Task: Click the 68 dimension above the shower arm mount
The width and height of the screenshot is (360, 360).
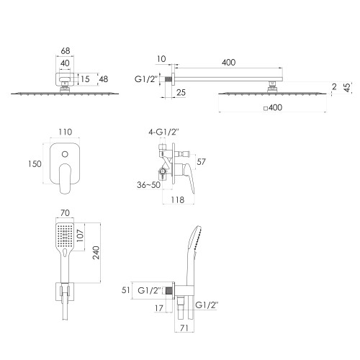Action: (x=66, y=51)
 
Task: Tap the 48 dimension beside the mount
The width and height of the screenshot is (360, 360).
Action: (x=104, y=79)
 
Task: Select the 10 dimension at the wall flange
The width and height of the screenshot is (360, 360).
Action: (x=161, y=59)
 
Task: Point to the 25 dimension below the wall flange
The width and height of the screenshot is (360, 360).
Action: (x=181, y=92)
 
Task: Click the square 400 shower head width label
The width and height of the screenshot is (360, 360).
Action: (x=273, y=107)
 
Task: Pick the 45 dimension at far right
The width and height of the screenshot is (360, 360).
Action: (x=347, y=87)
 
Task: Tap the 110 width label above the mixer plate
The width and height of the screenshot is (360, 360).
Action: (x=66, y=132)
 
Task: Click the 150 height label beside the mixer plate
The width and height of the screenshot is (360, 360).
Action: (x=35, y=164)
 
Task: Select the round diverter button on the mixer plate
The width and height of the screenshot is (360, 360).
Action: (x=65, y=154)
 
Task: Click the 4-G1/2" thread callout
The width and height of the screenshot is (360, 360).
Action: (x=163, y=132)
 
